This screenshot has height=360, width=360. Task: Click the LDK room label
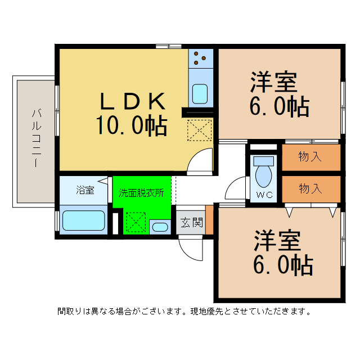(133, 102)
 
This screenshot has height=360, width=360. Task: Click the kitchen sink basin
(200, 93)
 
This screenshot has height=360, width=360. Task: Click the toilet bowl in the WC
(263, 175)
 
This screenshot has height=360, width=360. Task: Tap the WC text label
(264, 195)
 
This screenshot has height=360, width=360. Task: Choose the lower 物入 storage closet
(310, 188)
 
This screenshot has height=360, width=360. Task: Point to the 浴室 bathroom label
(84, 190)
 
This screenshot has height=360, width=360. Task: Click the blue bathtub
(84, 220)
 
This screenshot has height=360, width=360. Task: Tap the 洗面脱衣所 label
(141, 191)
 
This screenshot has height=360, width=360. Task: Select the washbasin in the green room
(160, 228)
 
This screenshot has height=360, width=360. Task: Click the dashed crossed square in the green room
(135, 222)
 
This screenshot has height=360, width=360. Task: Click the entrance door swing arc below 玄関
(188, 245)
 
